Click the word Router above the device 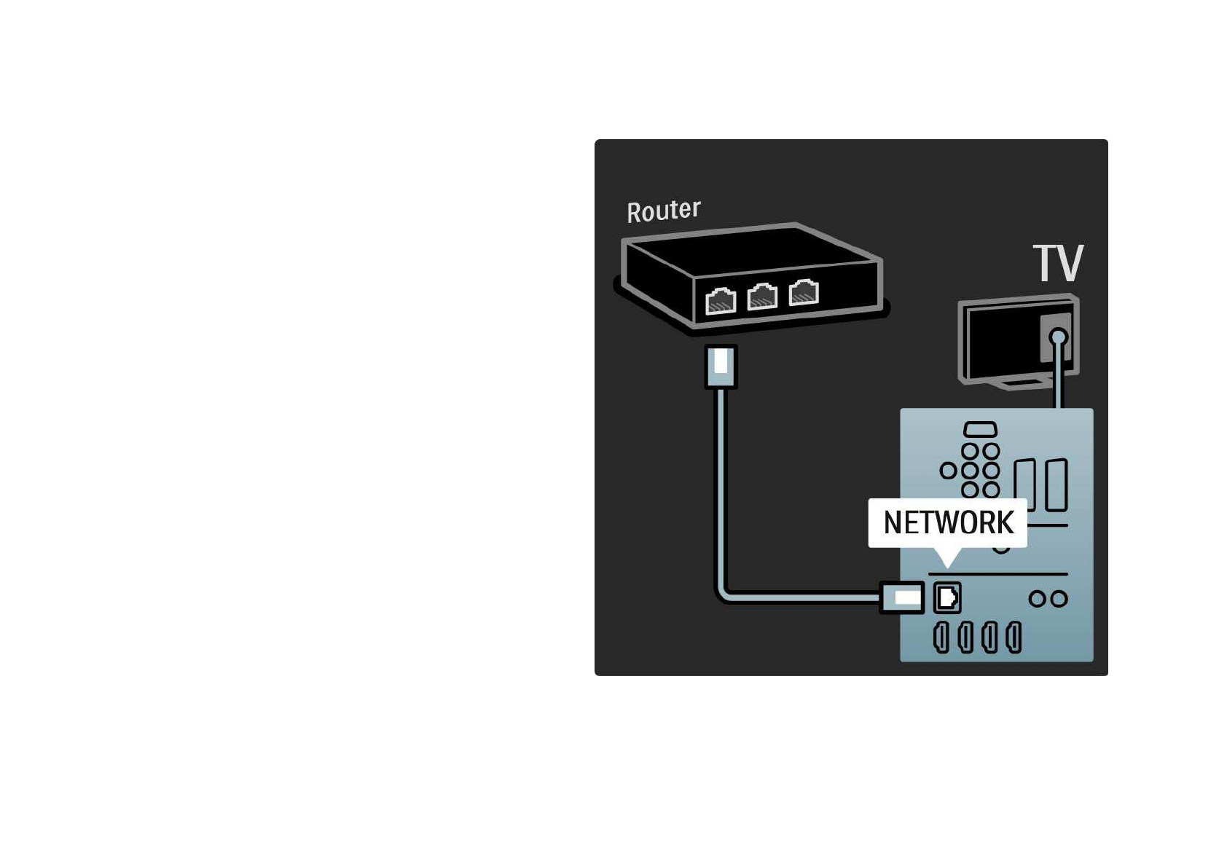click(663, 211)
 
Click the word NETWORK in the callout click(948, 522)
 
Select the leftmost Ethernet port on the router click(721, 300)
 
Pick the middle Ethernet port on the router click(762, 297)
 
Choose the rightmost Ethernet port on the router click(804, 292)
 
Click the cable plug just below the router click(721, 366)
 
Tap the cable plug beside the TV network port click(903, 597)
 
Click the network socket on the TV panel click(947, 597)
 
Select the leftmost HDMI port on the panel click(941, 637)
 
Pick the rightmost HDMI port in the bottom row click(1014, 637)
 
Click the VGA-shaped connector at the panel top click(980, 430)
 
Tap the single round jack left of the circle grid click(948, 470)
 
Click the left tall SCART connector click(1024, 484)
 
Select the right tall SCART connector click(1057, 484)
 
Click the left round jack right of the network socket click(1037, 599)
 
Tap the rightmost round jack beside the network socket click(1059, 599)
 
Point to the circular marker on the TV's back click(1059, 337)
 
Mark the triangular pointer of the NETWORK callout click(947, 557)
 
